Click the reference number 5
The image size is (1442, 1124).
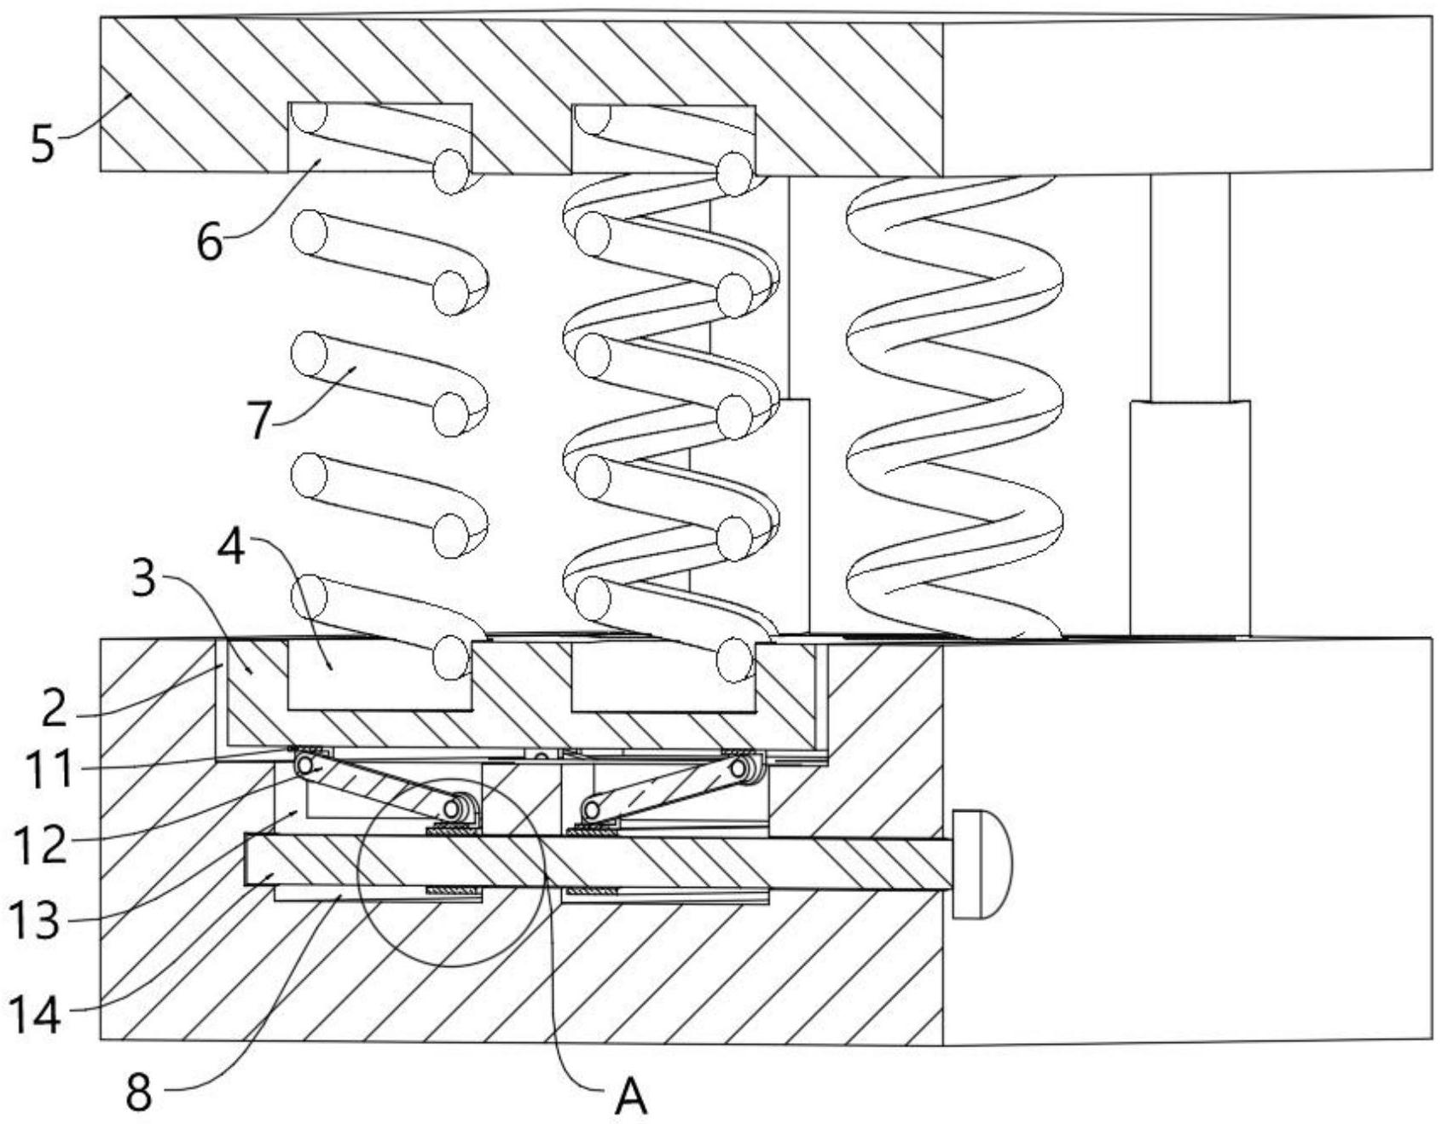tap(43, 142)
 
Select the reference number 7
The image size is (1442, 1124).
tap(259, 418)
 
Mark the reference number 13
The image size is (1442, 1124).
tap(36, 920)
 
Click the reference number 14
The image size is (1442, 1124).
tap(36, 1014)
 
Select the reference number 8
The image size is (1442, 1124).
tap(140, 1092)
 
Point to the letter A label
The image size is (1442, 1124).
tap(631, 1098)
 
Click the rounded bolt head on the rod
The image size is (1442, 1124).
tap(982, 864)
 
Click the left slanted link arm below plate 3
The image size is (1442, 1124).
tap(385, 786)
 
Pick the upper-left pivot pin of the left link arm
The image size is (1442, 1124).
tap(304, 764)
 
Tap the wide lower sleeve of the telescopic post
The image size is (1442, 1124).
tap(1190, 519)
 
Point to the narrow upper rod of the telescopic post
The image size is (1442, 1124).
tap(1190, 287)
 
